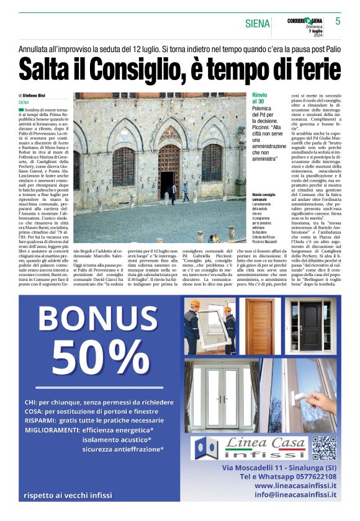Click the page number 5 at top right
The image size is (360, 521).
click(338, 21)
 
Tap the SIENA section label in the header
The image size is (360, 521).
click(257, 24)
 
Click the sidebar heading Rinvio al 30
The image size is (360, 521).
click(259, 98)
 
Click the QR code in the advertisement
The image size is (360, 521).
click(323, 448)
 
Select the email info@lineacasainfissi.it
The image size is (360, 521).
click(295, 495)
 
